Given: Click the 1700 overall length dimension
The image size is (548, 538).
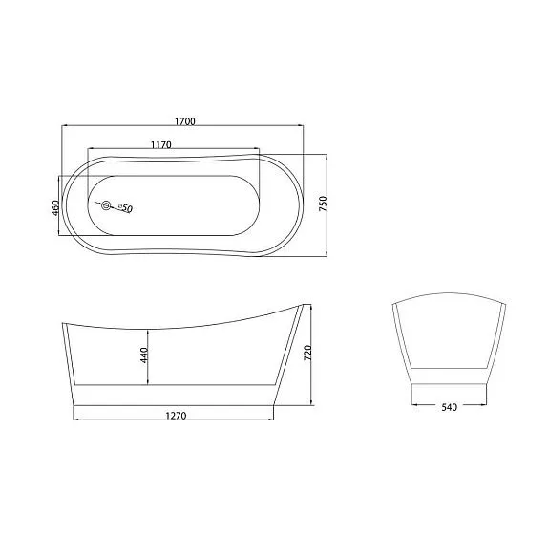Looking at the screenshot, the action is (x=185, y=121).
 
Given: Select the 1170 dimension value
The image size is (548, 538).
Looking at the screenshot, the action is (x=161, y=144).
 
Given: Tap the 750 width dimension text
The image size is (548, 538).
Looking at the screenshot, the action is (x=323, y=204).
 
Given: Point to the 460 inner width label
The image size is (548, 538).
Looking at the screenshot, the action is (x=54, y=208).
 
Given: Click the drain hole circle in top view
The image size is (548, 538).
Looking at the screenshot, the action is (x=106, y=205).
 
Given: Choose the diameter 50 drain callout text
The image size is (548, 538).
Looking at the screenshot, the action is (x=125, y=208).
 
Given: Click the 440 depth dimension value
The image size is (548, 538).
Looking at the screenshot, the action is (x=144, y=355).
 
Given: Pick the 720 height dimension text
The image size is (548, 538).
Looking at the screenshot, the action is (x=307, y=354).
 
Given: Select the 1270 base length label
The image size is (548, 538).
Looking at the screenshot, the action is (x=176, y=416).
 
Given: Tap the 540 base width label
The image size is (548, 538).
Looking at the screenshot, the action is (x=449, y=407).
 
